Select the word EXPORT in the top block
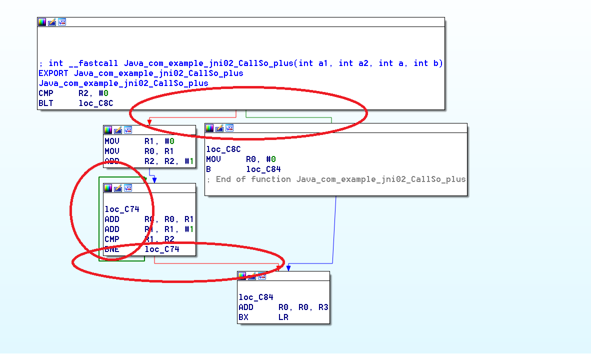(53, 73)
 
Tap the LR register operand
(283, 317)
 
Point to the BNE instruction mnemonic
(112, 249)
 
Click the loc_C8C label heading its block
(223, 149)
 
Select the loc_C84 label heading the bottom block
(256, 297)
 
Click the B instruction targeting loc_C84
(208, 169)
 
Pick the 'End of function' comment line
(340, 179)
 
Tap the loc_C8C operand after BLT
(96, 103)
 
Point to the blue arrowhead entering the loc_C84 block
(288, 268)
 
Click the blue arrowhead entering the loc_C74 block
(155, 180)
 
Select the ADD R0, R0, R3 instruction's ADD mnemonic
(246, 307)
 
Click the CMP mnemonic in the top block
(46, 93)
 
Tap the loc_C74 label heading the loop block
(122, 209)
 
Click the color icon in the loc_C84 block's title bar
(242, 276)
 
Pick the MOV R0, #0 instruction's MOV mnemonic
(213, 159)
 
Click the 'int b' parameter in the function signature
(428, 63)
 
